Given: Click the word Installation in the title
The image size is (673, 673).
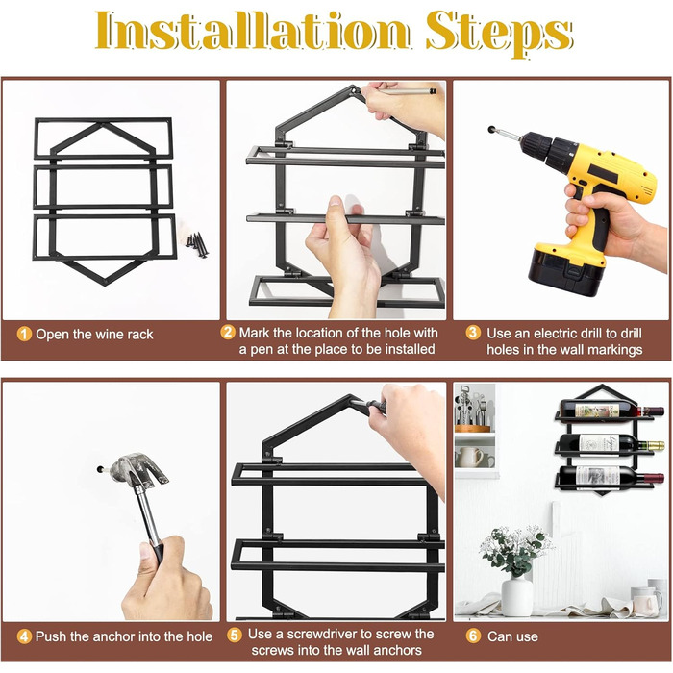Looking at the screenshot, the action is click(253, 30).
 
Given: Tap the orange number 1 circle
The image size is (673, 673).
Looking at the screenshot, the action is click(24, 334).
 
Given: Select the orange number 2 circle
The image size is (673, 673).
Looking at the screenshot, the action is click(228, 333).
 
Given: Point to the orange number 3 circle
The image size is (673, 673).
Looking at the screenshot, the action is click(473, 333).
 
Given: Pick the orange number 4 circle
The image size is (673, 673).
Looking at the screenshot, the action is click(24, 636).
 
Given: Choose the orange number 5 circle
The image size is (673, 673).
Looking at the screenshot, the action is click(234, 635).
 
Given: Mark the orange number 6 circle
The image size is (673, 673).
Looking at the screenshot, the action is click(473, 636).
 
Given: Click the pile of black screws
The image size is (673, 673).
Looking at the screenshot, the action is click(197, 244).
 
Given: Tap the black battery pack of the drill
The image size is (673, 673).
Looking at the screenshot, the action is click(567, 270).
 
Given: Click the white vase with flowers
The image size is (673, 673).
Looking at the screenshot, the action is click(516, 595).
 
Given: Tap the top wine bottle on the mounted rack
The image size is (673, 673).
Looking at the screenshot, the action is click(611, 411).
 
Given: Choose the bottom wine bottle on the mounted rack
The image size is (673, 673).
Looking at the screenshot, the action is click(611, 477).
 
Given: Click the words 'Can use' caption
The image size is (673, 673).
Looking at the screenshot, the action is click(512, 636).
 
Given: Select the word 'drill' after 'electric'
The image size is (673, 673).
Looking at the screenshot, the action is click(593, 333).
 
